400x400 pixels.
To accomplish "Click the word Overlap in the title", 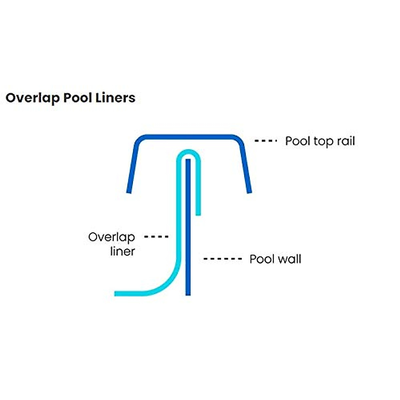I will click(x=33, y=98).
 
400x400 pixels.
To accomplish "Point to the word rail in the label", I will click(x=346, y=141).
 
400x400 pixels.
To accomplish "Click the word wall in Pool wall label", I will click(x=289, y=259).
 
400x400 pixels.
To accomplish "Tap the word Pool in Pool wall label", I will click(x=262, y=259).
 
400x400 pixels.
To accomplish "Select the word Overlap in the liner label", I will click(x=112, y=237).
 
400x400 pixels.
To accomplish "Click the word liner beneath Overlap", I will click(x=122, y=251).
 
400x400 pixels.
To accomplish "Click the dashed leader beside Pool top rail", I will click(x=266, y=141).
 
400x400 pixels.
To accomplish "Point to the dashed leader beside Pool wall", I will click(x=222, y=259).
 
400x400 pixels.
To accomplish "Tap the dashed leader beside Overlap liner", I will click(x=156, y=237).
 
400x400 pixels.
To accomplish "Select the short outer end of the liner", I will click(x=198, y=212).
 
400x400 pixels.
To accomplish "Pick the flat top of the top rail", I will click(x=188, y=137).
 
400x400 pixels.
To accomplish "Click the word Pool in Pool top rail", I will click(x=298, y=141).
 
